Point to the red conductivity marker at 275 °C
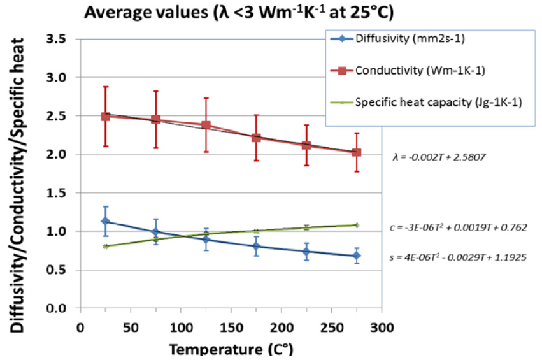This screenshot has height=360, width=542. point(357,152)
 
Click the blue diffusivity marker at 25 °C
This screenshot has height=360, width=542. point(106,221)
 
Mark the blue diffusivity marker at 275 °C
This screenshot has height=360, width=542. point(357,256)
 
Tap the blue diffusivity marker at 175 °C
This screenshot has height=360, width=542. point(256,246)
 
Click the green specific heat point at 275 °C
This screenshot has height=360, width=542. point(357,225)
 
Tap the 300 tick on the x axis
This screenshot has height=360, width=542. point(381,328)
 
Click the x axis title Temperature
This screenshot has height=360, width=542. point(229,350)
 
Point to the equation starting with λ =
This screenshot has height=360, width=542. point(440,155)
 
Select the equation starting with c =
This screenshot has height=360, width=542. point(457,227)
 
